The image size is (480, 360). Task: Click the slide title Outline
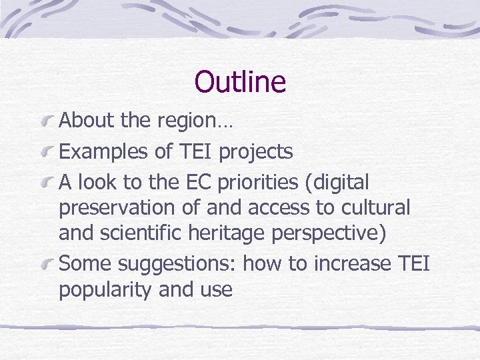click(240, 82)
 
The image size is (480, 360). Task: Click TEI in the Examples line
click(197, 151)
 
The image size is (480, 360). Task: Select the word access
click(279, 209)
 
